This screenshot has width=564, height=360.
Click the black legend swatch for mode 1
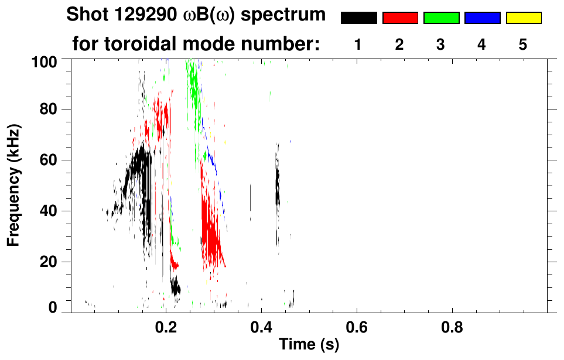pyautogui.click(x=358, y=18)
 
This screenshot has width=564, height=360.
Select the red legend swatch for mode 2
pyautogui.click(x=400, y=18)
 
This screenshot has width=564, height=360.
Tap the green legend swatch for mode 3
pyautogui.click(x=441, y=18)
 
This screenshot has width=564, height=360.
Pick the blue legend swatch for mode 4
pyautogui.click(x=482, y=18)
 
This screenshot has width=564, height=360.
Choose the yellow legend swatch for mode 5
pyautogui.click(x=524, y=18)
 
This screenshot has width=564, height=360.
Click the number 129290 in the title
pyautogui.click(x=134, y=15)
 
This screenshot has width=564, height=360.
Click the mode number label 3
pyautogui.click(x=441, y=44)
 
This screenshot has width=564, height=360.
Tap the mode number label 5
pyautogui.click(x=524, y=44)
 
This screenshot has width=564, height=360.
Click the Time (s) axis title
pyautogui.click(x=308, y=345)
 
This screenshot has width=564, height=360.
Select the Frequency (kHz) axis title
pyautogui.click(x=14, y=184)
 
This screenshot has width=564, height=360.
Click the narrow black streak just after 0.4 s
pyautogui.click(x=278, y=187)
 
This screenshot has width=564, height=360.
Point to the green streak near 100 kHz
pyautogui.click(x=193, y=82)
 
